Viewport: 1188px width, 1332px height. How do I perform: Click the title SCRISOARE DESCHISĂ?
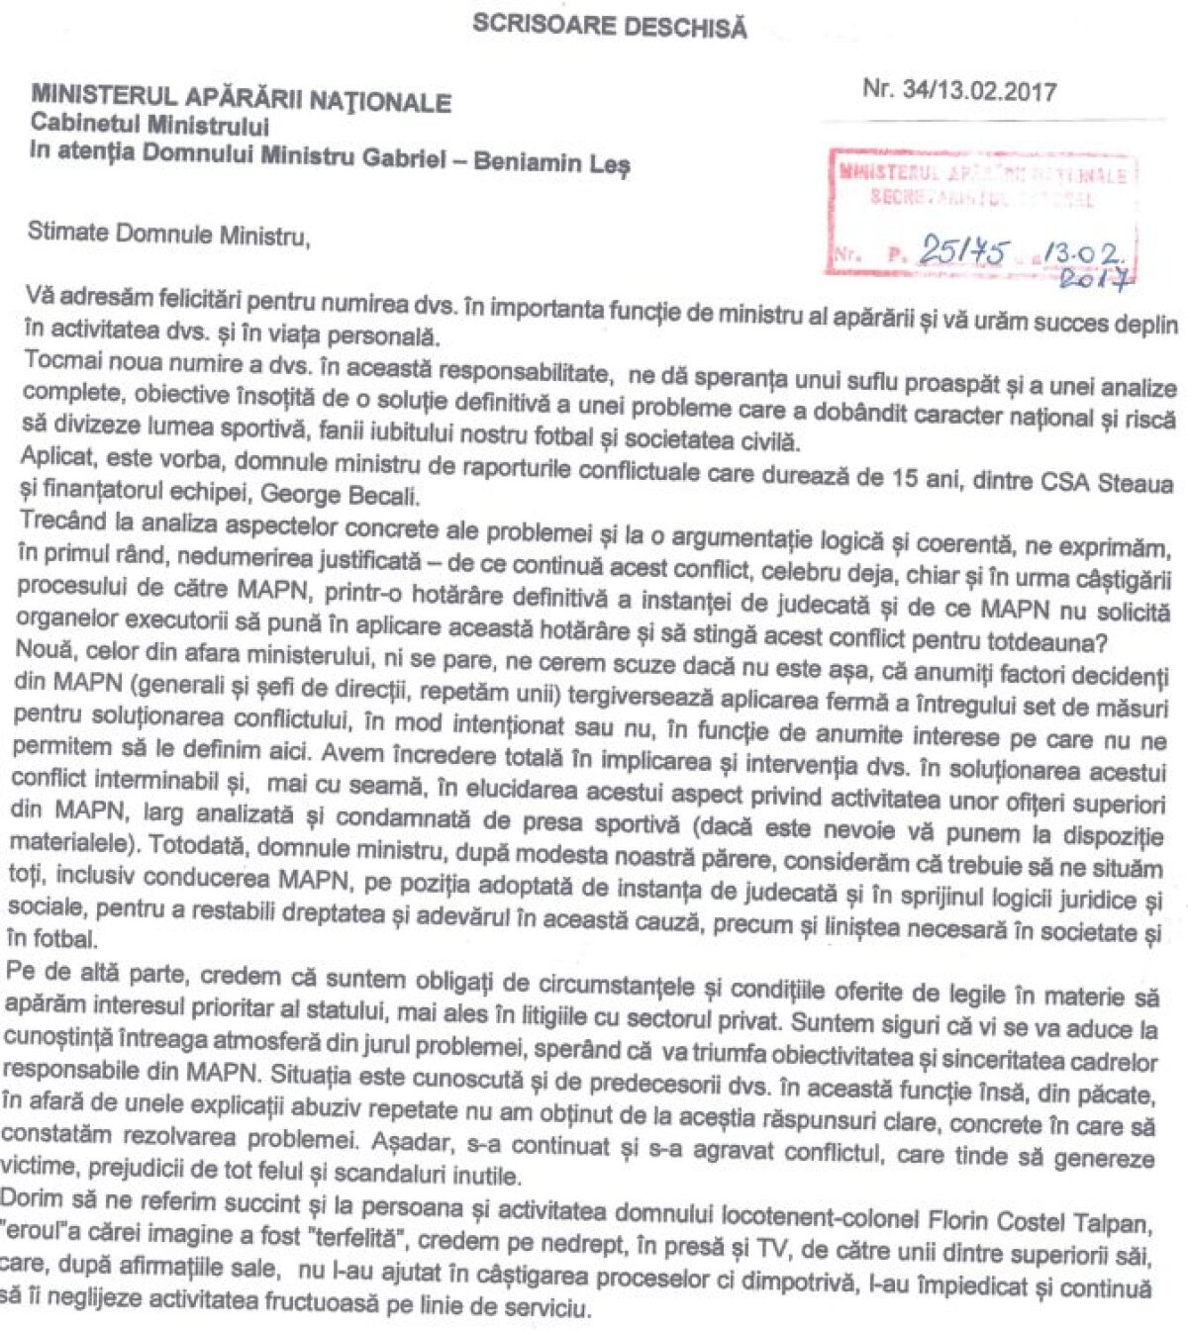click(x=609, y=26)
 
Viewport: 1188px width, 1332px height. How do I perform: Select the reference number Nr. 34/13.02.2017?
click(x=958, y=90)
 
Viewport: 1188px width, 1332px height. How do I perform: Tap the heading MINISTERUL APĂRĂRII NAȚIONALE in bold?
click(x=241, y=97)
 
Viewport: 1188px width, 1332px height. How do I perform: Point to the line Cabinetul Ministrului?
click(x=149, y=126)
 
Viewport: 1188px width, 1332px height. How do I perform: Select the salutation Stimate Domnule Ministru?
click(x=167, y=235)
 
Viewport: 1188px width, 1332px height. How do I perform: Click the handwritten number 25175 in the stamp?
click(x=961, y=250)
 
